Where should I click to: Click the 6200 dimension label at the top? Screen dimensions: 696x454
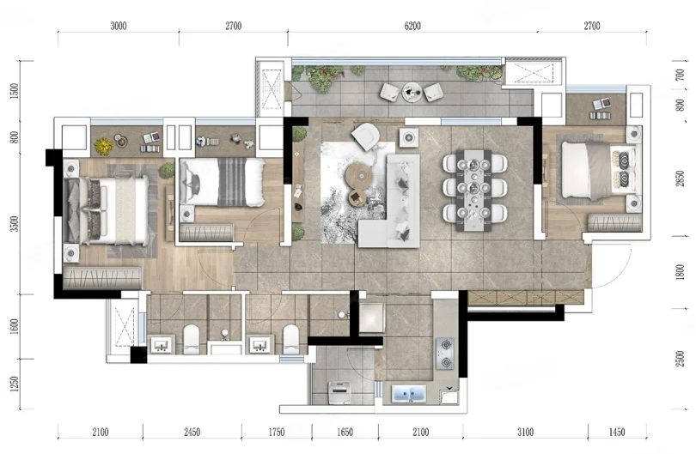pos(412,26)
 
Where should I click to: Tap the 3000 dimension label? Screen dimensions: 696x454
pos(119,26)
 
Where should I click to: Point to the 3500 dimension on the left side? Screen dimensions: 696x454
pos(15,223)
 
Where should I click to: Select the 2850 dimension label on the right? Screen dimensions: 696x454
pos(680,179)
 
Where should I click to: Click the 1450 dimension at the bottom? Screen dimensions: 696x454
pos(617,432)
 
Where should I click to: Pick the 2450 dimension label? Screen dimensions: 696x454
pos(192,432)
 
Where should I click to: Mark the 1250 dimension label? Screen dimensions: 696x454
pos(15,384)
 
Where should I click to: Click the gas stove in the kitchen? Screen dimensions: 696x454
pos(444,354)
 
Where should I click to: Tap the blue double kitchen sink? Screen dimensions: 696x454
pos(409,393)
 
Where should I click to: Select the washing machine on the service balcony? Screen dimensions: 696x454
pos(339,392)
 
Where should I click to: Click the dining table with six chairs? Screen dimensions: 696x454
pos(474,191)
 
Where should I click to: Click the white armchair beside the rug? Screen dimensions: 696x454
pos(366,136)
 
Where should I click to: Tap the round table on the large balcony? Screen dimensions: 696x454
pos(412,92)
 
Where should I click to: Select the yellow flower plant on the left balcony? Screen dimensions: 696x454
pos(103,145)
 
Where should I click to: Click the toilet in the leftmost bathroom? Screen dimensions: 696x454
pos(192,339)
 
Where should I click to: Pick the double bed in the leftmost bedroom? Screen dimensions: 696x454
pos(107,209)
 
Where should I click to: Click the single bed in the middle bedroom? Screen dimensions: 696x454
pos(223,182)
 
